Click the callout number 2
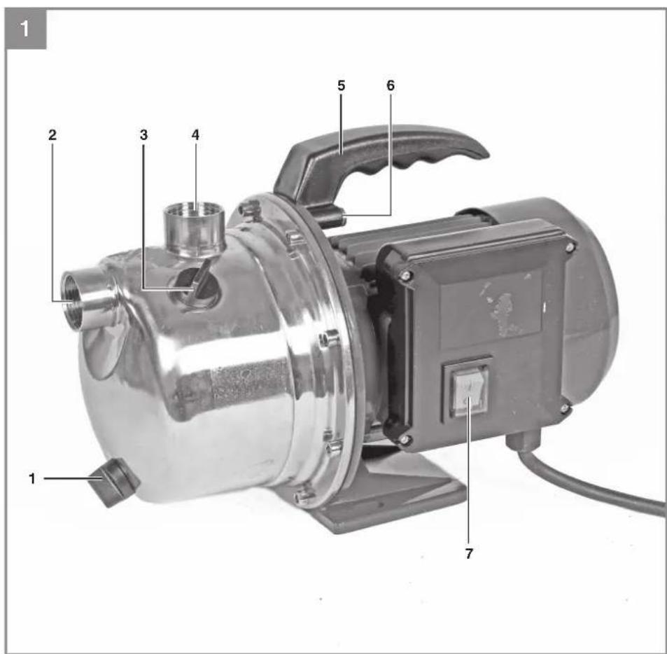point(52,135)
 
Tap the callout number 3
point(143,135)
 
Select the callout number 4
point(195,135)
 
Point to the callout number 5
point(341,85)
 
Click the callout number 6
point(391,85)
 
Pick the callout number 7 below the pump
point(469,554)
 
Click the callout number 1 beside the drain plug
point(32,479)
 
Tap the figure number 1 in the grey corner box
point(24,29)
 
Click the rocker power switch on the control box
point(468,389)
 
